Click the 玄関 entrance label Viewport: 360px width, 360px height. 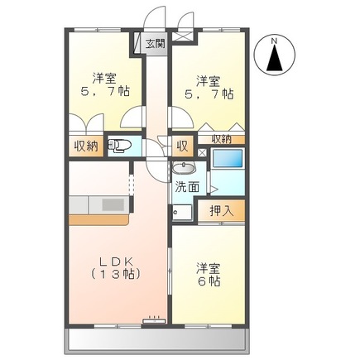pyautogui.click(x=156, y=45)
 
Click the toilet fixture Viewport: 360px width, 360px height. pyautogui.click(x=121, y=147)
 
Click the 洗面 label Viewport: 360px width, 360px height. pyautogui.click(x=186, y=187)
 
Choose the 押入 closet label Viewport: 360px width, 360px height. pyautogui.click(x=222, y=210)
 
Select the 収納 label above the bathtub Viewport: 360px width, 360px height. pyautogui.click(x=221, y=139)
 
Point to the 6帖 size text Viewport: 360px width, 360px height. pyautogui.click(x=209, y=282)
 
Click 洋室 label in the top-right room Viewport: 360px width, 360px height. pyautogui.click(x=209, y=80)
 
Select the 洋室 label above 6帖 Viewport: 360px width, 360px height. pyautogui.click(x=209, y=267)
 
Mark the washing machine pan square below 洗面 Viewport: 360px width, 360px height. pyautogui.click(x=184, y=213)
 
